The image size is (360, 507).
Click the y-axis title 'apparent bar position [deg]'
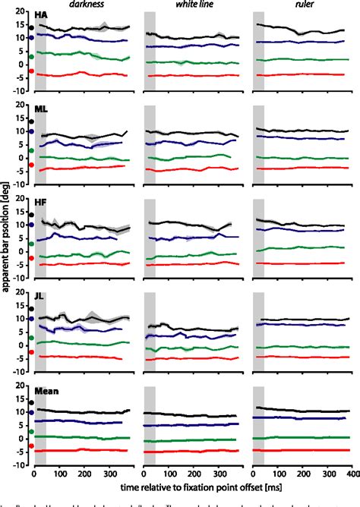[x=7, y=246]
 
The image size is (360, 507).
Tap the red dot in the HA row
[x=31, y=71]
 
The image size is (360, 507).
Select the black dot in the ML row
[x=31, y=121]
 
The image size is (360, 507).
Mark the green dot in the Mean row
[x=31, y=431]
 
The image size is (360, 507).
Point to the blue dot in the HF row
[x=31, y=225]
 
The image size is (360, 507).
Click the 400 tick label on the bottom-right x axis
[x=352, y=472]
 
